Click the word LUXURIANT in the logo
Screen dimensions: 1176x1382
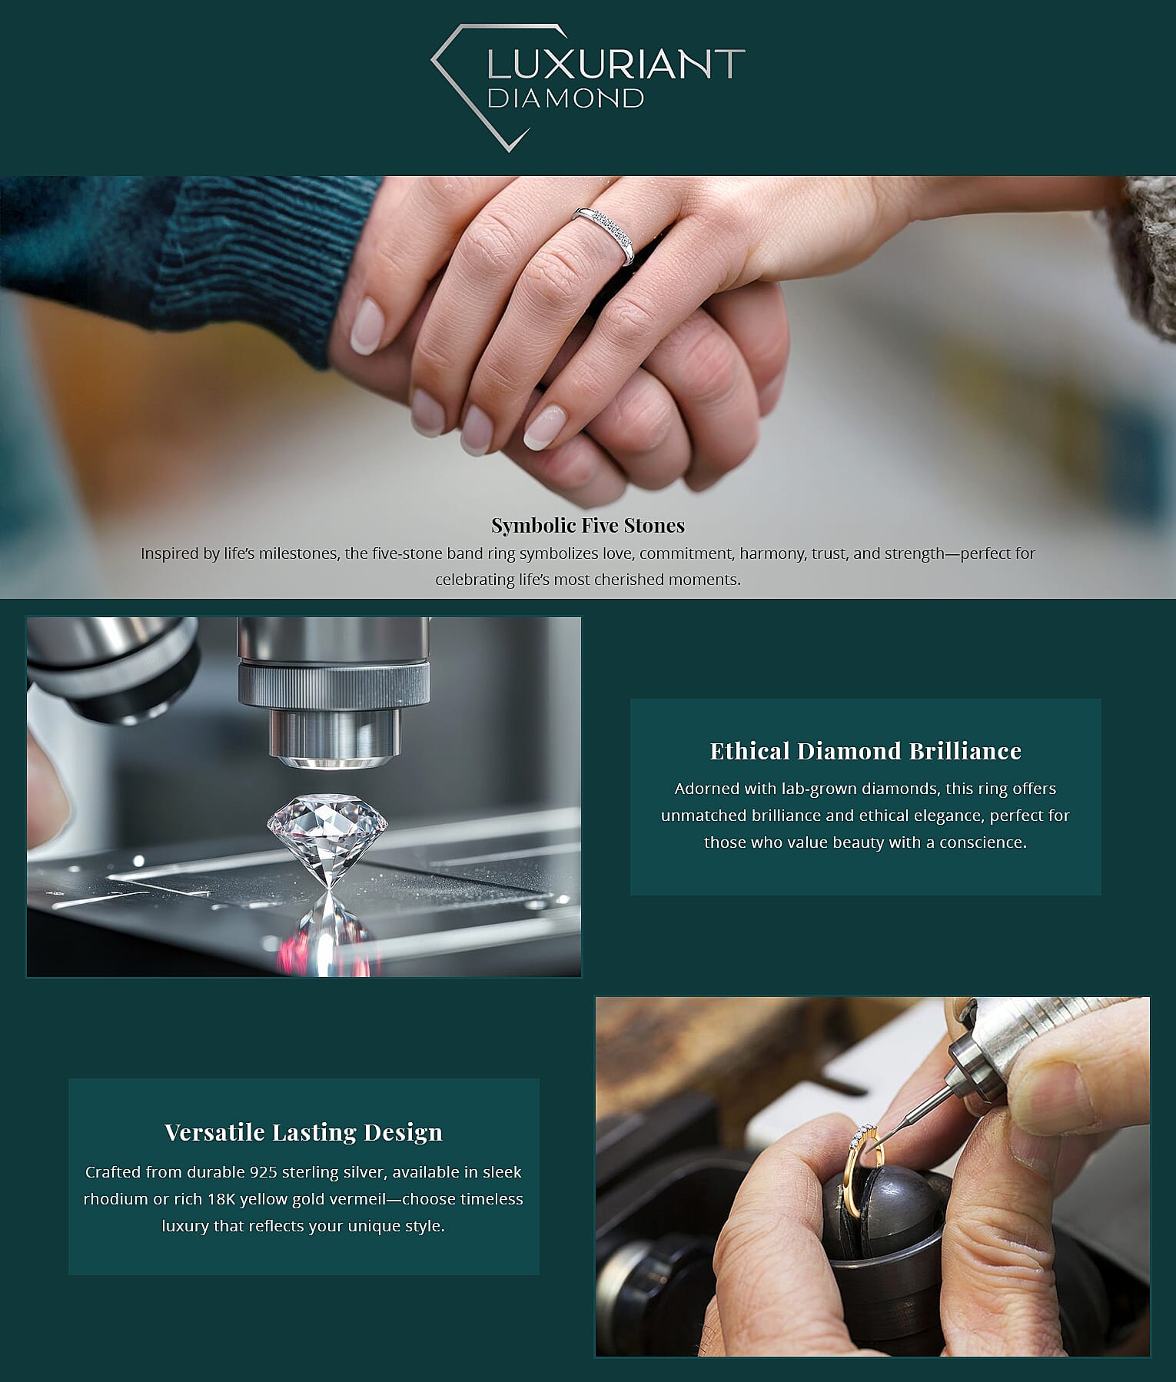(616, 65)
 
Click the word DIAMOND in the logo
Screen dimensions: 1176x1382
(565, 98)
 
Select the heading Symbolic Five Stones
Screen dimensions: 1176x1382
(588, 525)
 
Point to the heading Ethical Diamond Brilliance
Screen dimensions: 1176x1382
(865, 751)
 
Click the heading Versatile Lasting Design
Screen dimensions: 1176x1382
(304, 1132)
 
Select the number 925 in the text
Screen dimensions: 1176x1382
(263, 1172)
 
